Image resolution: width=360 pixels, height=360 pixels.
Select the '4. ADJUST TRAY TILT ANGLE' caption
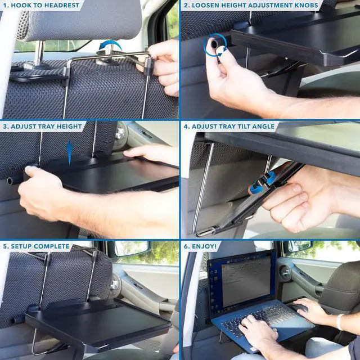229,126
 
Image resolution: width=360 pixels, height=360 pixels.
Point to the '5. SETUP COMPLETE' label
36,246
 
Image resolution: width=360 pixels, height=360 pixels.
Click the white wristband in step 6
339,322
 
